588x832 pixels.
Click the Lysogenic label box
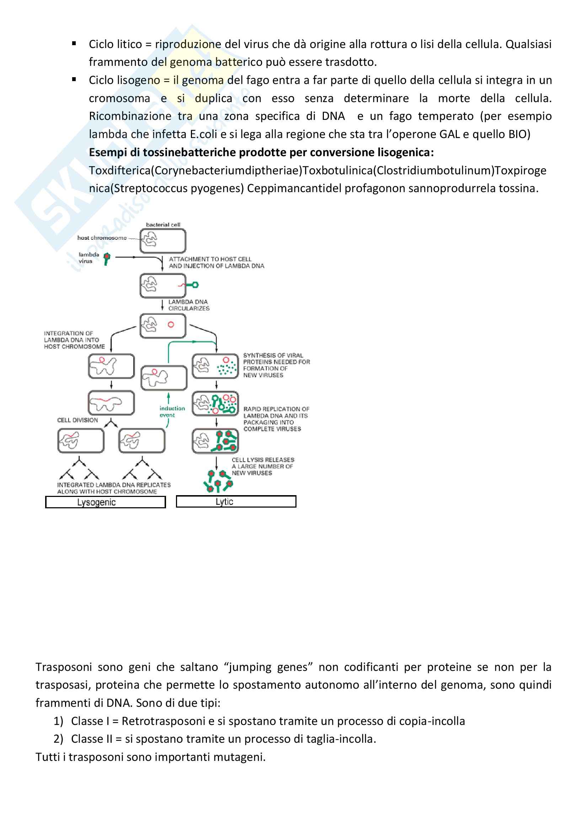click(x=105, y=502)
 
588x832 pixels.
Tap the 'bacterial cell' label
click(x=163, y=225)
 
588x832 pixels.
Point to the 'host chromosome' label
click(x=102, y=238)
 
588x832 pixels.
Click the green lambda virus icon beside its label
click(x=106, y=258)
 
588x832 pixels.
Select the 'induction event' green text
click(x=172, y=412)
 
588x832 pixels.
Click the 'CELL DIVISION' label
click(x=77, y=420)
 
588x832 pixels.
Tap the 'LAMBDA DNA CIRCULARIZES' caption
click(x=189, y=305)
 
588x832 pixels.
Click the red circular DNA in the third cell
click(x=171, y=325)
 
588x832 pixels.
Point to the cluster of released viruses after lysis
click(x=218, y=481)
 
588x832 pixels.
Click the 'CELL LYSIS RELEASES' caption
click(x=263, y=460)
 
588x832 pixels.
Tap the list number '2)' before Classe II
click(x=58, y=739)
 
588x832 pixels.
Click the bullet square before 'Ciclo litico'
click(x=74, y=44)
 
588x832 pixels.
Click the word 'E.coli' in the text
click(x=203, y=134)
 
